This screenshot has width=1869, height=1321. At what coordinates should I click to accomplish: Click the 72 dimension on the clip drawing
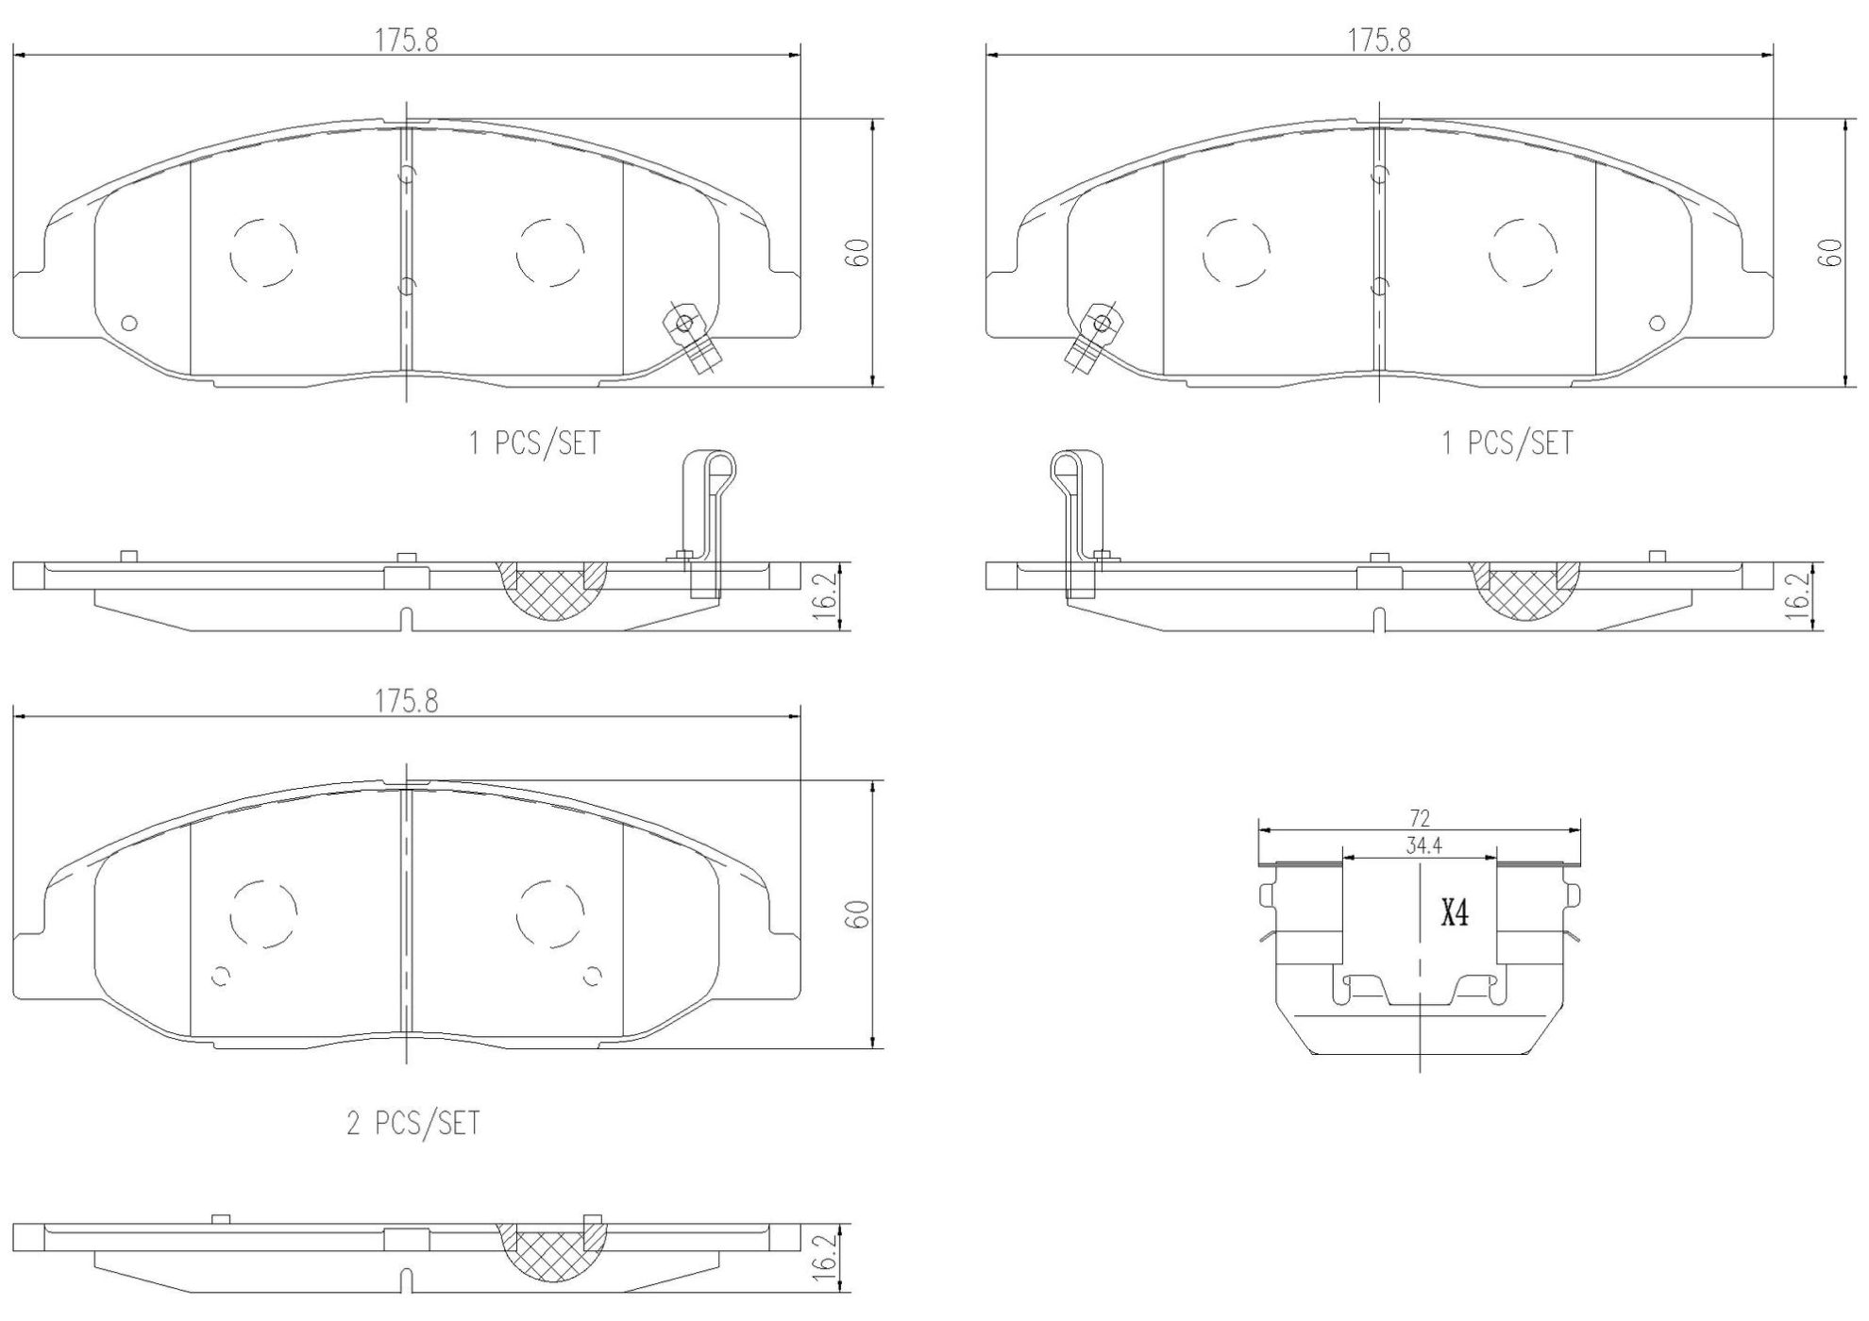tap(1420, 818)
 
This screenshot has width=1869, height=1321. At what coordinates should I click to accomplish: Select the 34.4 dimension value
tap(1423, 846)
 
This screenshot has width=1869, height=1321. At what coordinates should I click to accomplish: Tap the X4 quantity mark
tap(1455, 912)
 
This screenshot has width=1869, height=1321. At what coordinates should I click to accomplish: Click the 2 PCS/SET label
tap(413, 1123)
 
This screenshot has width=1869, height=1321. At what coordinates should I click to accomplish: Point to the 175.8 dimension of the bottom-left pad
tap(407, 701)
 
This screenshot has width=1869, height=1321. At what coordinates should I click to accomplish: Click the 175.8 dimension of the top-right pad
tap(1379, 41)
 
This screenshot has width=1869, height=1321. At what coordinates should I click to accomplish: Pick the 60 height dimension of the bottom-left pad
tap(857, 913)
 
